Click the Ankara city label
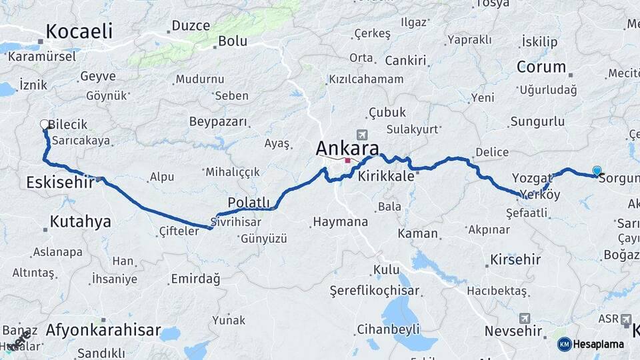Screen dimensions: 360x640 coord(347,147)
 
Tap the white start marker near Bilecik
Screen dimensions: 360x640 coord(45,124)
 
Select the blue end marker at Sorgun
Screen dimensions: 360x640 coord(597,171)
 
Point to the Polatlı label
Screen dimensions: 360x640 coord(249,202)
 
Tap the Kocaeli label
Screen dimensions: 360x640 coord(79,31)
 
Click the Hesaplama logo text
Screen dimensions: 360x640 coord(598,344)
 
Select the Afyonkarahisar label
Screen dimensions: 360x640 coord(103,329)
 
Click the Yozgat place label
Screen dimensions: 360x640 coord(533,177)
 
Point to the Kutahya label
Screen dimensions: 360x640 coord(80,221)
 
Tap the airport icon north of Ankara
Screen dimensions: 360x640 coord(362,134)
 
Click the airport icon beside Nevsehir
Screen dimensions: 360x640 coord(524,318)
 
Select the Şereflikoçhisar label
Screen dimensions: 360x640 coord(375,291)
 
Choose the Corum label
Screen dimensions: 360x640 coord(541,67)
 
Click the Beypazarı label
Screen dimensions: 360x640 coord(218,122)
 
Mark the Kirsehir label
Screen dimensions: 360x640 coord(515,259)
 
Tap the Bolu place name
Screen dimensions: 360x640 coord(232,41)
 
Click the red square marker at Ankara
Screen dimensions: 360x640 coord(347,161)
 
